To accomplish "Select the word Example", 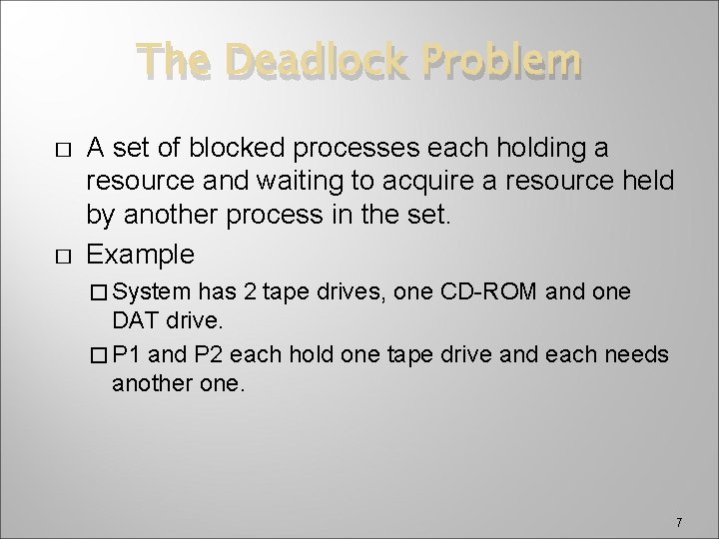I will pos(141,254).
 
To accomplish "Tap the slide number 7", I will pos(678,522).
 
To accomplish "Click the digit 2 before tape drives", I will pos(250,291).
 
